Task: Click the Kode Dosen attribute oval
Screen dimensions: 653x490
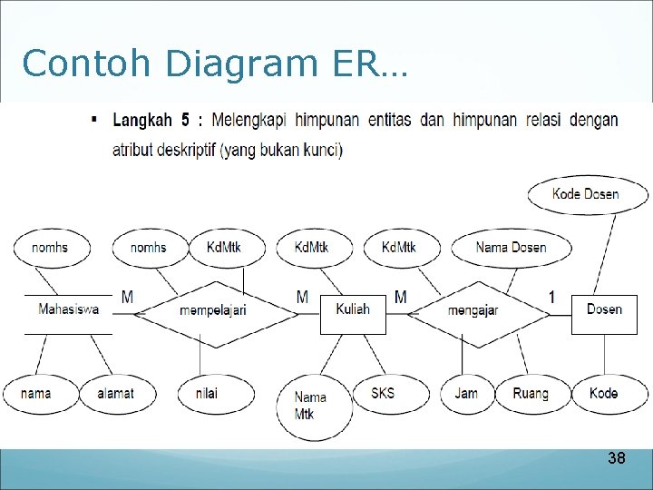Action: [587, 194]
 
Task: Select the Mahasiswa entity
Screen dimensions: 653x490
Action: [68, 309]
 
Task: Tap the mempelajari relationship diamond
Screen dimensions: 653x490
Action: [213, 310]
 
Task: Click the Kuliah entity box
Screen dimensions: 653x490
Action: [353, 309]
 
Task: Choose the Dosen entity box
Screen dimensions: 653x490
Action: [604, 309]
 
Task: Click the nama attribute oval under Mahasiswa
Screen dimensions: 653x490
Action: [35, 393]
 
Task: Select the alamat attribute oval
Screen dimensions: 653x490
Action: [115, 393]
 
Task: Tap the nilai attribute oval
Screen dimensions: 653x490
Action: [206, 393]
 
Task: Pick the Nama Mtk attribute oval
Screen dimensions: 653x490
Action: [311, 406]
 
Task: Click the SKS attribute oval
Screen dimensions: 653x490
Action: [383, 393]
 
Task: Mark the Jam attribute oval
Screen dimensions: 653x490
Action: [466, 393]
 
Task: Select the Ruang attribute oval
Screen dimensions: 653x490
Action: [531, 393]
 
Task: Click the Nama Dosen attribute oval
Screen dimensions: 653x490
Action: [512, 247]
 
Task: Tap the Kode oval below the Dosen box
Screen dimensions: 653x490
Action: [603, 393]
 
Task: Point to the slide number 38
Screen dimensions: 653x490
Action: [616, 458]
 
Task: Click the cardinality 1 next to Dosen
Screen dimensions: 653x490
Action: [552, 297]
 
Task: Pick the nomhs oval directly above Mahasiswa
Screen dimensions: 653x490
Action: [49, 247]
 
